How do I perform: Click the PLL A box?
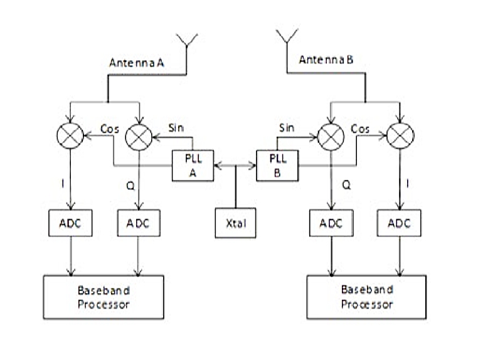(x=193, y=166)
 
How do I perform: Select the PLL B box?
(x=277, y=166)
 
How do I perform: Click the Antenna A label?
(x=136, y=63)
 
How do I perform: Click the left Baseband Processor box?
(x=103, y=296)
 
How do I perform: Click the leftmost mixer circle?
(x=72, y=134)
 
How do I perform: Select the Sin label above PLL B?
(x=287, y=128)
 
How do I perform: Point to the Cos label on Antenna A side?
(x=109, y=129)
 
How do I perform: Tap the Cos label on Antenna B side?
(x=360, y=129)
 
